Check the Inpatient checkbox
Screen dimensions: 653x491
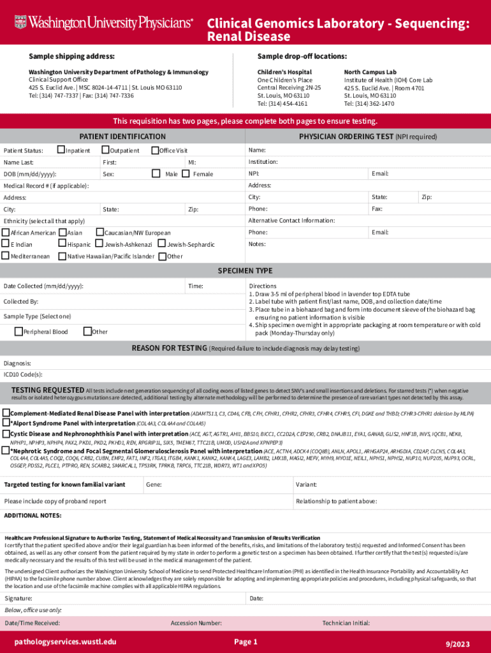coord(61,150)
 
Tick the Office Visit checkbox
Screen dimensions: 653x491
coord(154,150)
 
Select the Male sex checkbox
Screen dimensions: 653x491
coord(156,173)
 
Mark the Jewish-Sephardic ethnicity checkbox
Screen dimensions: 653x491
coord(161,244)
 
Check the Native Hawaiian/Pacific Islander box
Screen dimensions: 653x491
coord(62,256)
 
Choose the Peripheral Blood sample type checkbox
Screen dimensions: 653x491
coord(18,332)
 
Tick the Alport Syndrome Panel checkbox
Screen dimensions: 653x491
coord(6,423)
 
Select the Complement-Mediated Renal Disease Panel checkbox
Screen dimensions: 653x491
coord(6,413)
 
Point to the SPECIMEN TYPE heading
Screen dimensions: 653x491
coord(245,270)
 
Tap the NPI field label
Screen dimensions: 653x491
coord(254,174)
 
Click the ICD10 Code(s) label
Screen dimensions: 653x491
coord(23,375)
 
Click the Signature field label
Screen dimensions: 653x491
coord(18,599)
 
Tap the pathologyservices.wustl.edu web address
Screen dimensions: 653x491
coord(66,642)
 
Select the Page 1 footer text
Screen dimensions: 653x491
coord(246,642)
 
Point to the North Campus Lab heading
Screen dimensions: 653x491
coord(370,72)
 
